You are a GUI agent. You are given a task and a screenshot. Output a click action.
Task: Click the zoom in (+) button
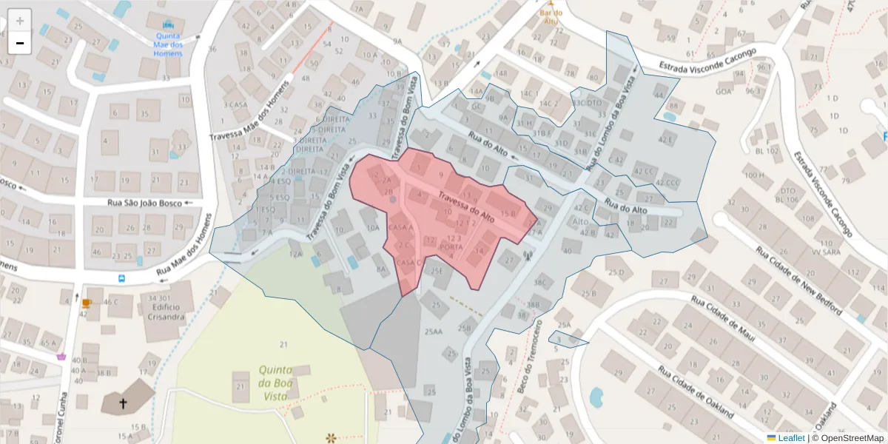point(20,21)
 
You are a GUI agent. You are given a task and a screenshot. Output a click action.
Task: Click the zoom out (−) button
point(20,43)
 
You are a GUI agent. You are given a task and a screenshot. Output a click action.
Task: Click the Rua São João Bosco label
point(144,203)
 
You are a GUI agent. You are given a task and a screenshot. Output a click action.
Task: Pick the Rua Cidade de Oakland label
point(695,393)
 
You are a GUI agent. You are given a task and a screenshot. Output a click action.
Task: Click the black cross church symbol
point(123,404)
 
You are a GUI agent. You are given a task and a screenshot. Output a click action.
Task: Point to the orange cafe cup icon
point(87,303)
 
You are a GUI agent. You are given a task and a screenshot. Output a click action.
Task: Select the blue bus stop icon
point(122,279)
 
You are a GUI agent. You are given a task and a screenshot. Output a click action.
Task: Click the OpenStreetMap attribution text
point(847,438)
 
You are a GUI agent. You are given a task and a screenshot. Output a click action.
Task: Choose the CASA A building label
point(400,227)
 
